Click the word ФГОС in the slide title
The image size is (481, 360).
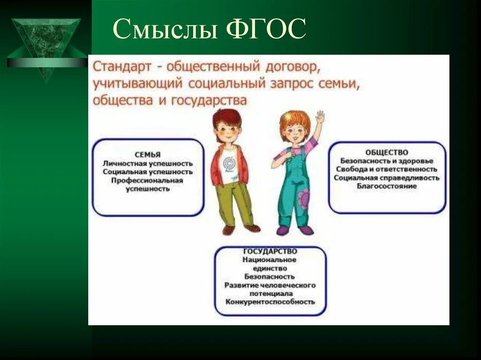click(266, 29)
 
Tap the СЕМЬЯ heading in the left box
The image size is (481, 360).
click(147, 155)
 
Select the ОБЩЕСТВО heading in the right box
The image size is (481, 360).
click(387, 153)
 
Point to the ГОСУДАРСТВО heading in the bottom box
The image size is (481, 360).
click(270, 252)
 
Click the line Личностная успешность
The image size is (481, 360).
click(147, 163)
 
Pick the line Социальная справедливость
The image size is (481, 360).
click(387, 178)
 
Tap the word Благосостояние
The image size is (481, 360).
click(387, 186)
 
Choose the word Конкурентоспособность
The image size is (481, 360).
click(270, 302)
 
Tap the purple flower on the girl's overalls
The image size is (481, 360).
click(304, 199)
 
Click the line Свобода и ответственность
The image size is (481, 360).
click(387, 169)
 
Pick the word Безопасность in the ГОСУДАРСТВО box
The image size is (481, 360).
click(270, 276)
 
